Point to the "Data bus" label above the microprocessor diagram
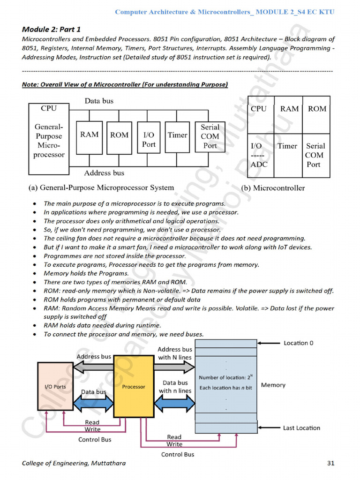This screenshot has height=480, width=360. point(99,101)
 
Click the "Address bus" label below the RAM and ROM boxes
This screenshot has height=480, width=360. point(104,173)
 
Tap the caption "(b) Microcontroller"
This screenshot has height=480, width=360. point(272,188)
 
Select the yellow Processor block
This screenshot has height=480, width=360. point(134,386)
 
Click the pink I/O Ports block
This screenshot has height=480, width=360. point(55,386)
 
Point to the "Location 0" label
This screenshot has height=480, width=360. point(299,343)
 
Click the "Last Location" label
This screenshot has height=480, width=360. point(301,428)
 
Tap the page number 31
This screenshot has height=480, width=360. point(330,463)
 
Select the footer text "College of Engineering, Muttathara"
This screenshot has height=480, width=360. point(74,463)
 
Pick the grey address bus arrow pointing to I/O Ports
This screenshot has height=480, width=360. point(94,367)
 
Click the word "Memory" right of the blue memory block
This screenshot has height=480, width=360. point(273,385)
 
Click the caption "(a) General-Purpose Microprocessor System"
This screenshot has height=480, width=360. point(101,187)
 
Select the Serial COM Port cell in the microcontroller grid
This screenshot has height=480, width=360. point(315,155)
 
